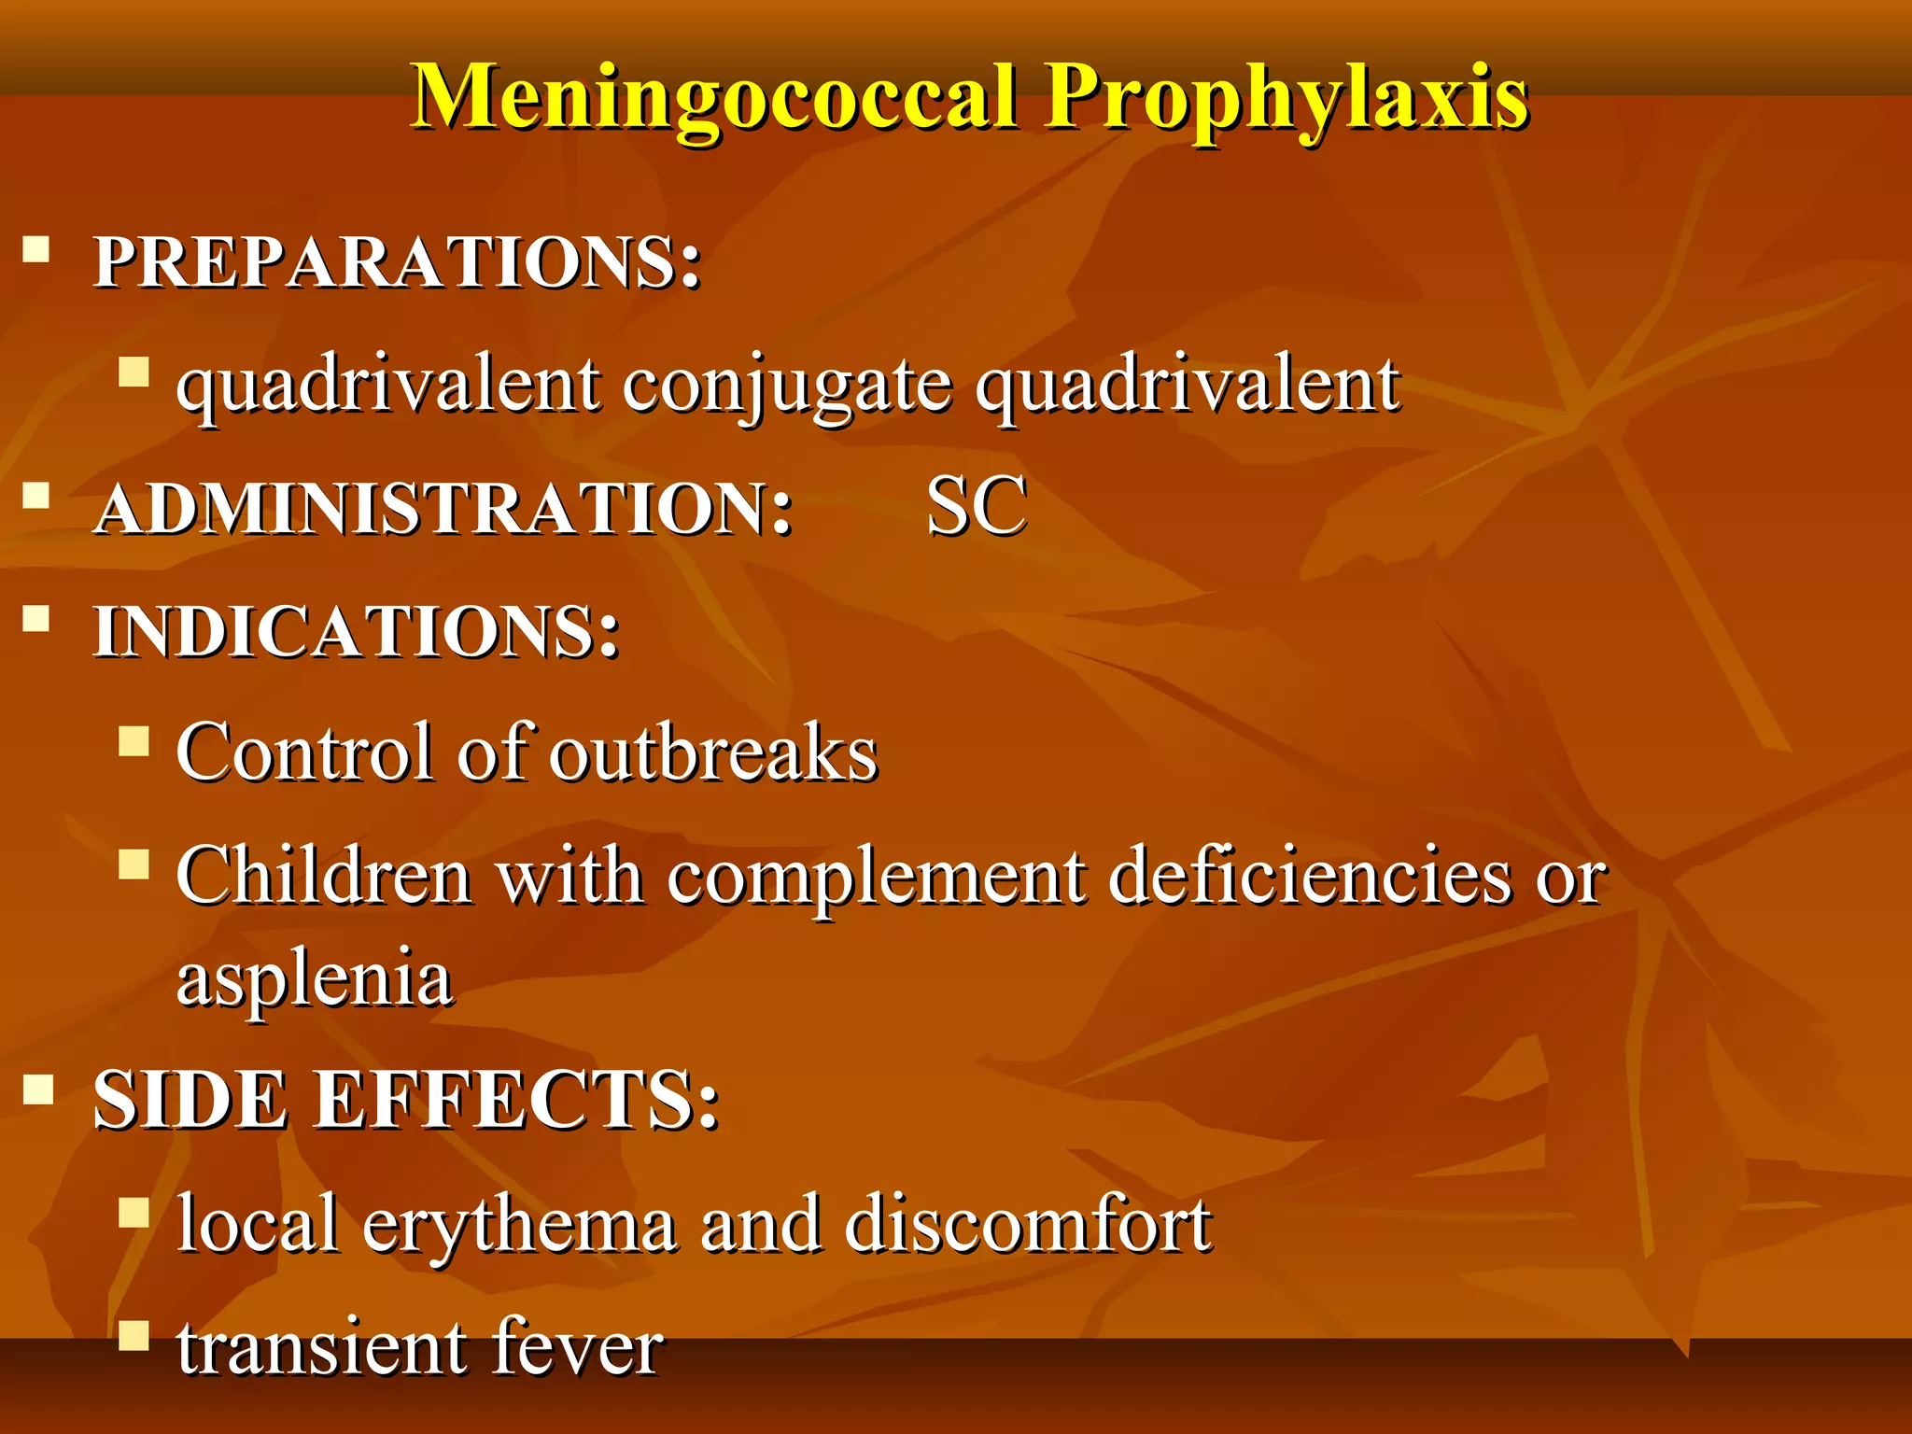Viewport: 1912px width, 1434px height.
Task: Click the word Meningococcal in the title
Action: coord(714,97)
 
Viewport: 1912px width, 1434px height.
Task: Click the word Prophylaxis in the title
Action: coord(1286,97)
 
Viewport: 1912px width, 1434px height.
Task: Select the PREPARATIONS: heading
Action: coord(398,261)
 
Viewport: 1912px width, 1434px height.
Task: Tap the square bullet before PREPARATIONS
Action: coord(36,250)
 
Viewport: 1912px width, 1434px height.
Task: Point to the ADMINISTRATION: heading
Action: coord(443,510)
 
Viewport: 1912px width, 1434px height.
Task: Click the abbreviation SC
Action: coord(977,506)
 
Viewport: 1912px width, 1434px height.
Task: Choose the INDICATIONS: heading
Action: coord(357,632)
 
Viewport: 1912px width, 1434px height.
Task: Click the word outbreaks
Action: coord(713,752)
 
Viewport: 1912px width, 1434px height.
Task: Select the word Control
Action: coord(306,752)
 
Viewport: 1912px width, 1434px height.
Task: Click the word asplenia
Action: coord(315,978)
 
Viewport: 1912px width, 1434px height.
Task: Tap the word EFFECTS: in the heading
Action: coord(515,1101)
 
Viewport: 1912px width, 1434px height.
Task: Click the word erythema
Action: coord(519,1225)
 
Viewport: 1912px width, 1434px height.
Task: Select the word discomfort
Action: coord(1027,1223)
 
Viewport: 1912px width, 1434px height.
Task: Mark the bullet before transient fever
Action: coord(134,1336)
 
